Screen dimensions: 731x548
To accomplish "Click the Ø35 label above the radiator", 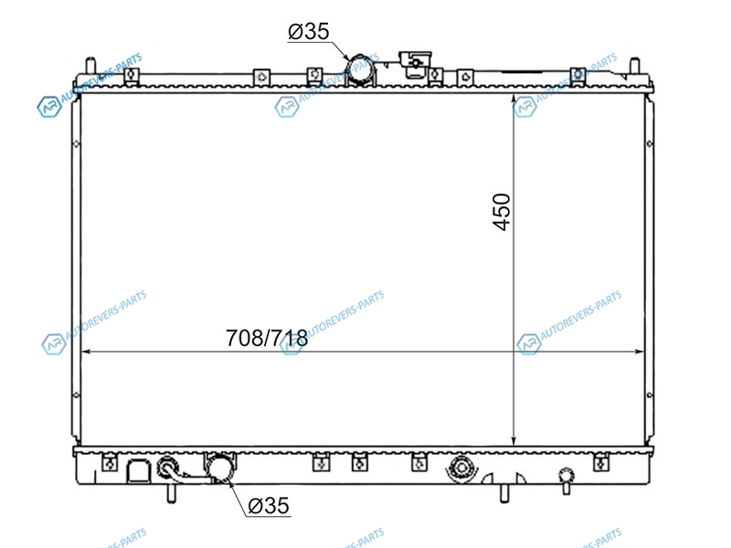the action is (309, 31).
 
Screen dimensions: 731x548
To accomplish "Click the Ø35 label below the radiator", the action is (269, 505).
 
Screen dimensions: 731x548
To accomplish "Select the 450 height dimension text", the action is (502, 212).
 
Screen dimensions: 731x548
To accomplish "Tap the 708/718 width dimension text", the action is (267, 338).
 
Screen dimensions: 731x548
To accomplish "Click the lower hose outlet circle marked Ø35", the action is (220, 468).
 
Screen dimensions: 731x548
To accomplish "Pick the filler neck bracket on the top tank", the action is (415, 64).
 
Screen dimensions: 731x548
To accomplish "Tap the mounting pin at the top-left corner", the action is (90, 65).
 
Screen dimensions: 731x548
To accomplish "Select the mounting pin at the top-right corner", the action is (634, 65).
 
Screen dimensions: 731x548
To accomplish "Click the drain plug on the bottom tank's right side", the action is (566, 480).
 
